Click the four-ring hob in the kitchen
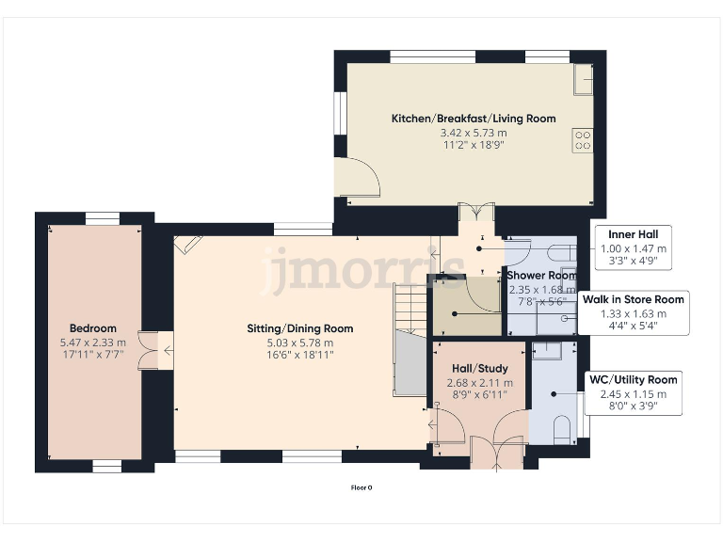click(x=583, y=140)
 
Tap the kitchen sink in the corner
click(x=584, y=79)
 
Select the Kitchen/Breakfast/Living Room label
click(x=474, y=119)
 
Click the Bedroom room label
click(x=92, y=328)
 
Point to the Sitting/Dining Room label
click(x=300, y=328)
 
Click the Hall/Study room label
click(x=479, y=368)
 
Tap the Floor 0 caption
click(x=361, y=487)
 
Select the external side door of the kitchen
click(x=358, y=180)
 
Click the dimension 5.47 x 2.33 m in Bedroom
click(x=92, y=343)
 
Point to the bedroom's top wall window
click(x=99, y=218)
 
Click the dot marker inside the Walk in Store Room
click(x=565, y=318)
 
